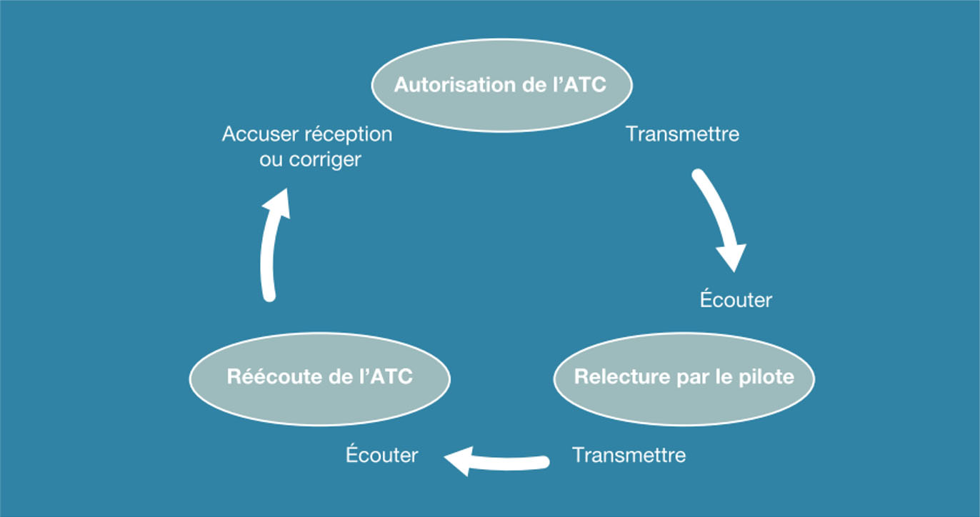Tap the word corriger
(x=325, y=160)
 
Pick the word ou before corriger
(x=271, y=160)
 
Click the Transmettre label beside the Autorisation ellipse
(x=682, y=134)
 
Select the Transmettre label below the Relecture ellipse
(x=629, y=455)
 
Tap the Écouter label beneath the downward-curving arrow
(x=736, y=300)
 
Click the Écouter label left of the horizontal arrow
(x=381, y=455)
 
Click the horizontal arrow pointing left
(x=500, y=462)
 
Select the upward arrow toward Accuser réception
(x=269, y=250)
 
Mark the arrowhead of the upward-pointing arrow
(x=277, y=201)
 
